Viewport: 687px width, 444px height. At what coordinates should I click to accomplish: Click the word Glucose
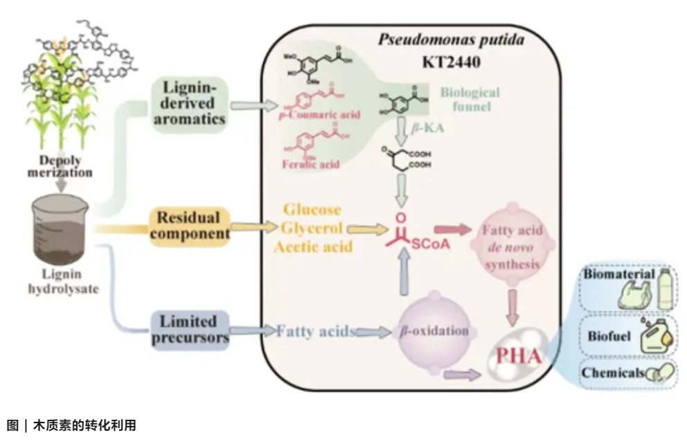311,209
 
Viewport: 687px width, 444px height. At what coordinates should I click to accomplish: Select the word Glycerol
312,227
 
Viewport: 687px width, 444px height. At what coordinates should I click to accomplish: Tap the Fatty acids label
317,331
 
